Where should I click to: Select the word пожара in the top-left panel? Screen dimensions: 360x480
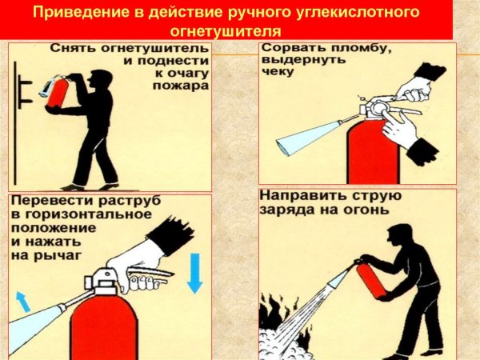coord(188,85)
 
